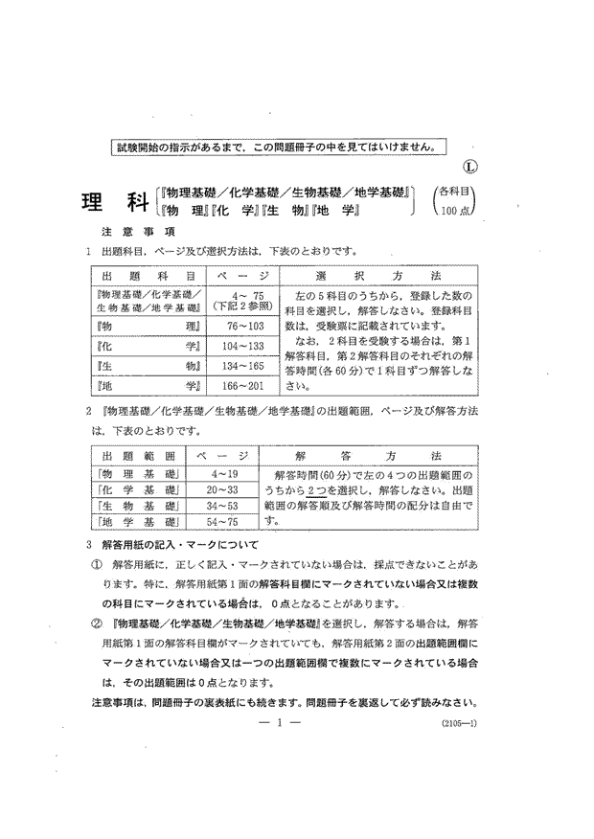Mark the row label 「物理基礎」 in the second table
[138, 474]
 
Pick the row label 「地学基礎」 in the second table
[138, 522]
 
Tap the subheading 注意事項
[136, 232]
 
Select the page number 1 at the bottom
[280, 725]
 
